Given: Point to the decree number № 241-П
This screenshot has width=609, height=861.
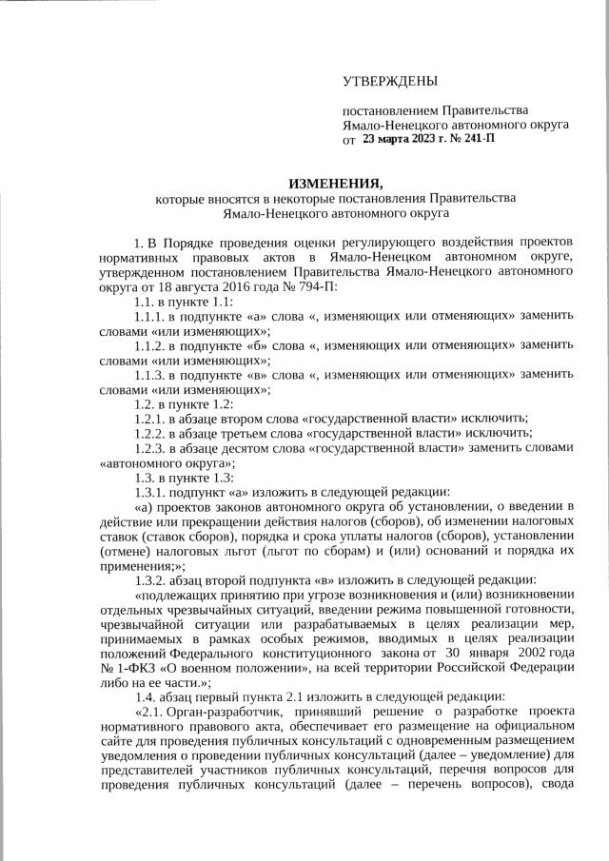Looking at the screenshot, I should [477, 139].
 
